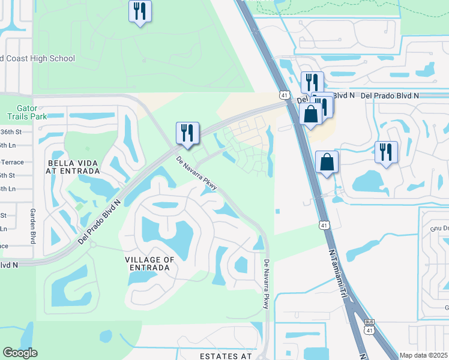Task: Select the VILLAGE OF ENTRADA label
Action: point(149,264)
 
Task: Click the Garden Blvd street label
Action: point(32,226)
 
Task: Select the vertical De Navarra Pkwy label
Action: point(267,284)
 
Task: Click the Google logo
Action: point(20,353)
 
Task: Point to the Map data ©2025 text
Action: point(424,355)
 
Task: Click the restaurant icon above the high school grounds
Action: point(140,11)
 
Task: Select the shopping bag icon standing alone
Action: point(327,162)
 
